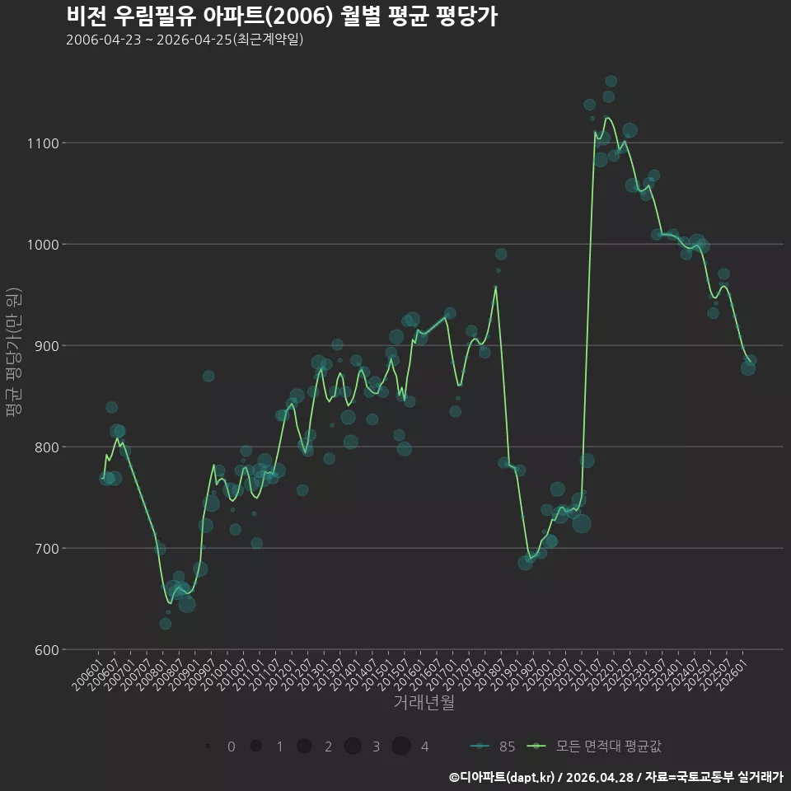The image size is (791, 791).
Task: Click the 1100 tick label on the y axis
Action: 43,143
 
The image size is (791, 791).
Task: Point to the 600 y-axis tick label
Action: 47,650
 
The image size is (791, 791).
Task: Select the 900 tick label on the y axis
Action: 47,346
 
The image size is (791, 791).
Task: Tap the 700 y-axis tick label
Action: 47,549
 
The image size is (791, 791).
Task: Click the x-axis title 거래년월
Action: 424,702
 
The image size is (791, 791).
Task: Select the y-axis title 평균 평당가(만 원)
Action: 14,352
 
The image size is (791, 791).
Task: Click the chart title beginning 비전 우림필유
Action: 282,16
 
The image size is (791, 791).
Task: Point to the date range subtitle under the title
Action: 185,40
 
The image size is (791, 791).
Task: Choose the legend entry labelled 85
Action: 493,747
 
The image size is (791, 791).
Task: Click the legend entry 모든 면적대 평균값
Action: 594,747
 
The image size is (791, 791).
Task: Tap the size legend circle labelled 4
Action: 401,747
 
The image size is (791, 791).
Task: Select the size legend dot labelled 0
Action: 208,747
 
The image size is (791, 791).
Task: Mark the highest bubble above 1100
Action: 611,82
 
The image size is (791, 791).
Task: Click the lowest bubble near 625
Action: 166,624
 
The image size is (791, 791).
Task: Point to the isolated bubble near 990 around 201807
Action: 501,255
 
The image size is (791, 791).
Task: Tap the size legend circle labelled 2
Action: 304,747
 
